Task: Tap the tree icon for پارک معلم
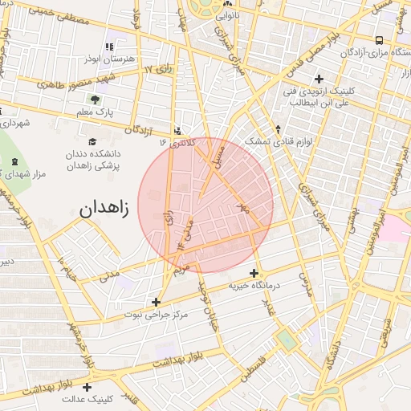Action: pos(96,100)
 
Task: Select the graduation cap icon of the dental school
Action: pos(102,139)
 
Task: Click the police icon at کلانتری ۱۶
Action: pos(177,130)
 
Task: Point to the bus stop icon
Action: pos(379,40)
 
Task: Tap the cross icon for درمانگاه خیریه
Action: pos(254,274)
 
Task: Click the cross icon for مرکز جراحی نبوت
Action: pos(156,303)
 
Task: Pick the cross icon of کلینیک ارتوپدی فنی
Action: pos(319,79)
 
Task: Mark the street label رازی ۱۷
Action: pos(160,71)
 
